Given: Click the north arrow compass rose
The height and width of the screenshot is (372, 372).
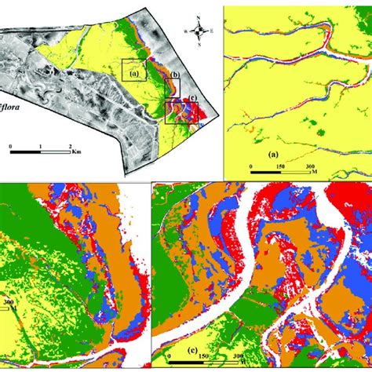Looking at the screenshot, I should [201, 31].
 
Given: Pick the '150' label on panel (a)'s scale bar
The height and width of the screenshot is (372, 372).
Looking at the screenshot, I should [280, 167].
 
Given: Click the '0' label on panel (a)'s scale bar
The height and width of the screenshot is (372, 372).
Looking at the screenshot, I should [250, 167].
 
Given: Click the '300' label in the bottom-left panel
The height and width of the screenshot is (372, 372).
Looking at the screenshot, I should [9, 301].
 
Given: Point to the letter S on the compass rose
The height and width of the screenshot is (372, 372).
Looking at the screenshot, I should [201, 46].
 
